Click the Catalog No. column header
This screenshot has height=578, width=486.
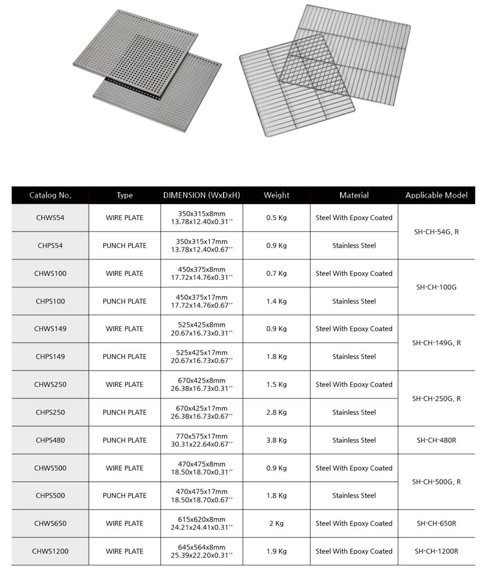click(50, 195)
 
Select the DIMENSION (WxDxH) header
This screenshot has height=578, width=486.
click(202, 195)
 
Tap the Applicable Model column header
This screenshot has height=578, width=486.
click(436, 195)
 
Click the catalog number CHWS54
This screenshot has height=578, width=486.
click(50, 218)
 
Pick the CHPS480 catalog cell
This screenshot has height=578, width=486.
click(50, 440)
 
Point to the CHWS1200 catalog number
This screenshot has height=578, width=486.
click(50, 551)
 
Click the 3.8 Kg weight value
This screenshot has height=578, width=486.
click(276, 440)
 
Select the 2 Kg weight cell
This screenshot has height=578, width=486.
click(276, 523)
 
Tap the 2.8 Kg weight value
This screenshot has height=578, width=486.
click(276, 412)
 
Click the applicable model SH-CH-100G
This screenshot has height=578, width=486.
click(436, 287)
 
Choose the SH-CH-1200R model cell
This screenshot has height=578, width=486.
click(436, 551)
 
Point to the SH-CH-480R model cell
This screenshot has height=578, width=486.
click(436, 440)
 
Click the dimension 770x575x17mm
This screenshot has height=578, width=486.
click(202, 436)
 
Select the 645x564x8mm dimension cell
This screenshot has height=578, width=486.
click(202, 547)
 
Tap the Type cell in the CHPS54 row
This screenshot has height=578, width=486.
click(125, 246)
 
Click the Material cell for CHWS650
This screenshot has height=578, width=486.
click(354, 523)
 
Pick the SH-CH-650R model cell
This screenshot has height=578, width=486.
click(436, 523)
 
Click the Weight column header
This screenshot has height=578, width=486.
click(276, 195)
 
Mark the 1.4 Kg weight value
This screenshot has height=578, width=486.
click(276, 301)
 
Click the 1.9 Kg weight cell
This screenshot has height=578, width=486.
click(276, 551)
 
